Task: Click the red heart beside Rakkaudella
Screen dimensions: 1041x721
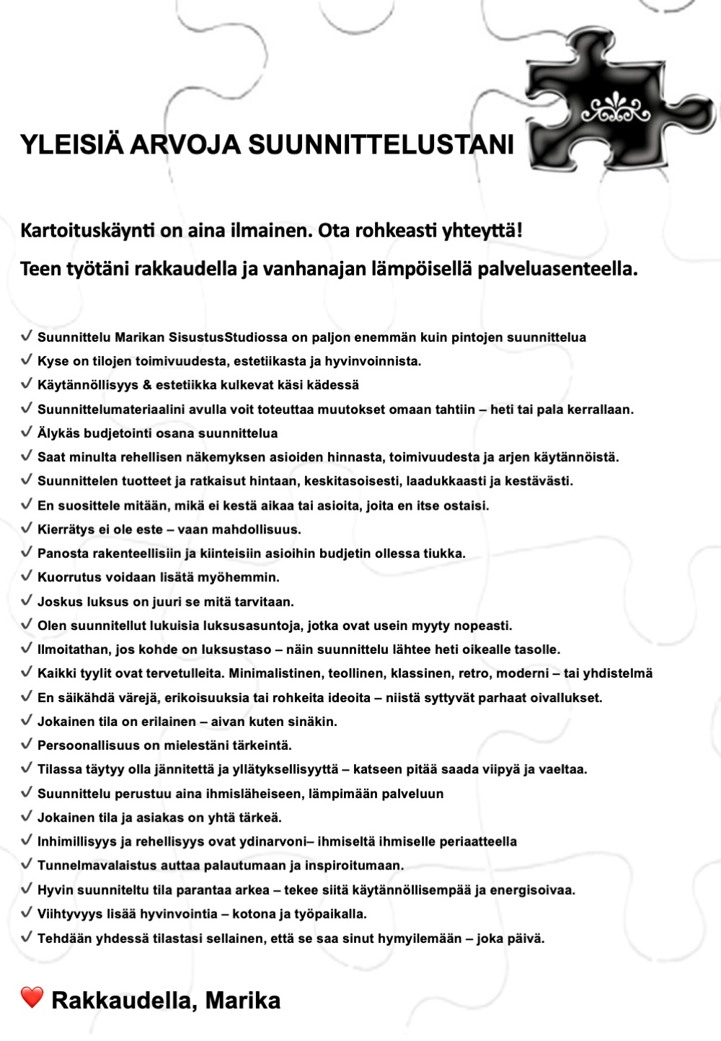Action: click(x=32, y=998)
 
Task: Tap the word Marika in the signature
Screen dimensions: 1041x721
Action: click(x=243, y=1001)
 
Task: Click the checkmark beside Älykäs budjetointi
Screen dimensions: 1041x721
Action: click(x=27, y=433)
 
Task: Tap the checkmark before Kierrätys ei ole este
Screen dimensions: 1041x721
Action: click(x=27, y=528)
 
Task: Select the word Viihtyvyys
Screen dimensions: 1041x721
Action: click(x=71, y=914)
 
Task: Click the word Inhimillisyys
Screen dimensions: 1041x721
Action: click(x=77, y=842)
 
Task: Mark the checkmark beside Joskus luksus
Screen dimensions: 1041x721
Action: click(x=27, y=601)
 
